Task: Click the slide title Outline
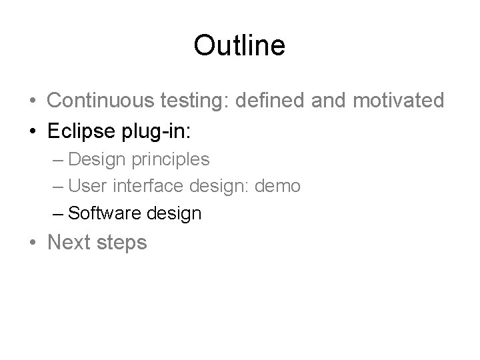coord(239,45)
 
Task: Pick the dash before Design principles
coord(57,160)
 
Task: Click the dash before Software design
coord(57,213)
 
